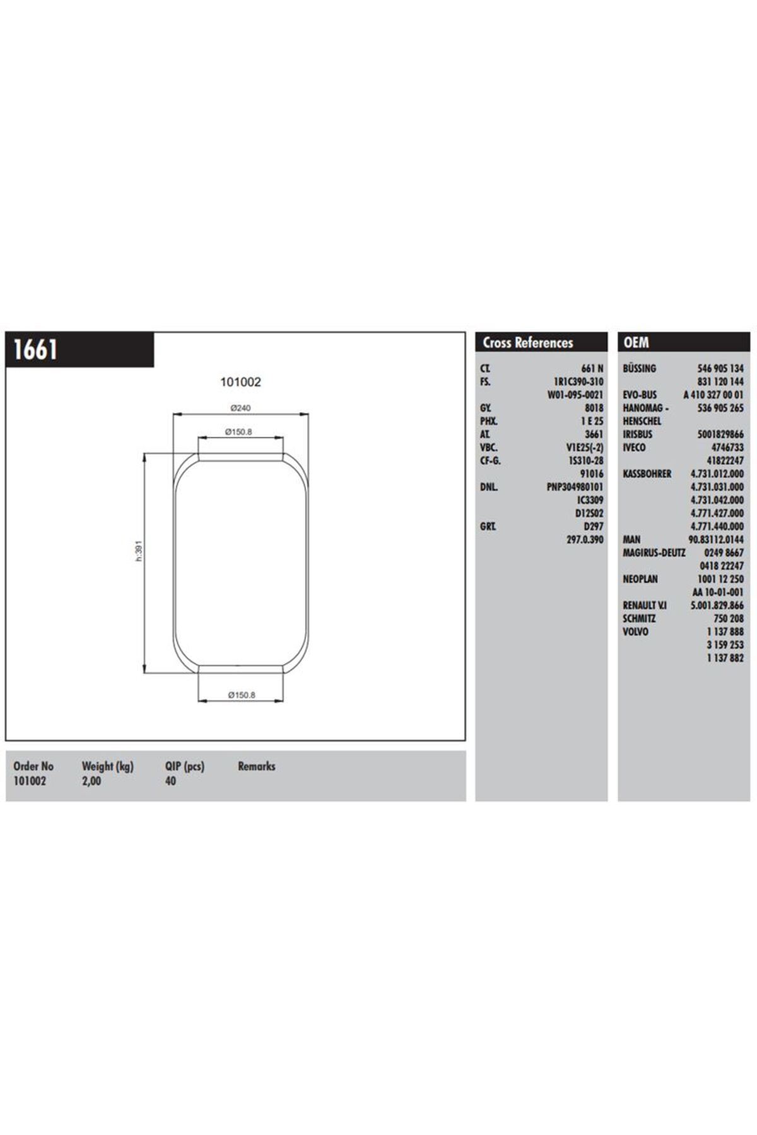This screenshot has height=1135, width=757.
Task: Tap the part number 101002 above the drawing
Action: [x=240, y=381]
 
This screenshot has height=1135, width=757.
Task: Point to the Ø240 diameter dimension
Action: [x=240, y=408]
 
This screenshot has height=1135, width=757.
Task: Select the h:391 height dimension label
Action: [x=139, y=550]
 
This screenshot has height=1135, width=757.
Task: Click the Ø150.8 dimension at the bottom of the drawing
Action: [x=241, y=695]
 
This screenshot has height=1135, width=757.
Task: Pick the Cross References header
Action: [x=527, y=342]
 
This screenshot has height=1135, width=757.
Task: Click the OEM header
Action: [x=636, y=342]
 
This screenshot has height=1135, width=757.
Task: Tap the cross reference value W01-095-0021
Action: [x=575, y=395]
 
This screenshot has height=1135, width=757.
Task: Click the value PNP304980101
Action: [x=575, y=487]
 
